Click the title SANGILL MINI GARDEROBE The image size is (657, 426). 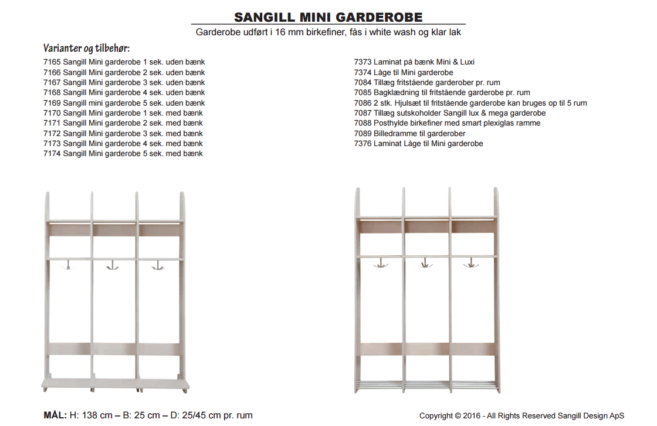pyautogui.click(x=328, y=17)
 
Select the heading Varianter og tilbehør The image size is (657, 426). pyautogui.click(x=86, y=48)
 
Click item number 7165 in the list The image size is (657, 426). pyautogui.click(x=52, y=62)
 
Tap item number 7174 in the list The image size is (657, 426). pyautogui.click(x=52, y=154)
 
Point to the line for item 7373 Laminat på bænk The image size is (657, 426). pyautogui.click(x=414, y=62)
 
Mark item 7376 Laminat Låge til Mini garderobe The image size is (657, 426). pyautogui.click(x=418, y=144)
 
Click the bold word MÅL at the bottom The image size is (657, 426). pyautogui.click(x=55, y=415)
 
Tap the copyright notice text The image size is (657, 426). pyautogui.click(x=521, y=416)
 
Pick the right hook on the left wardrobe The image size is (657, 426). pyautogui.click(x=157, y=266)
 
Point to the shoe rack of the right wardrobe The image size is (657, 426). pyautogui.click(x=426, y=386)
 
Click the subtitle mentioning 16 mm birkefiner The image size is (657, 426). pyautogui.click(x=328, y=32)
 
